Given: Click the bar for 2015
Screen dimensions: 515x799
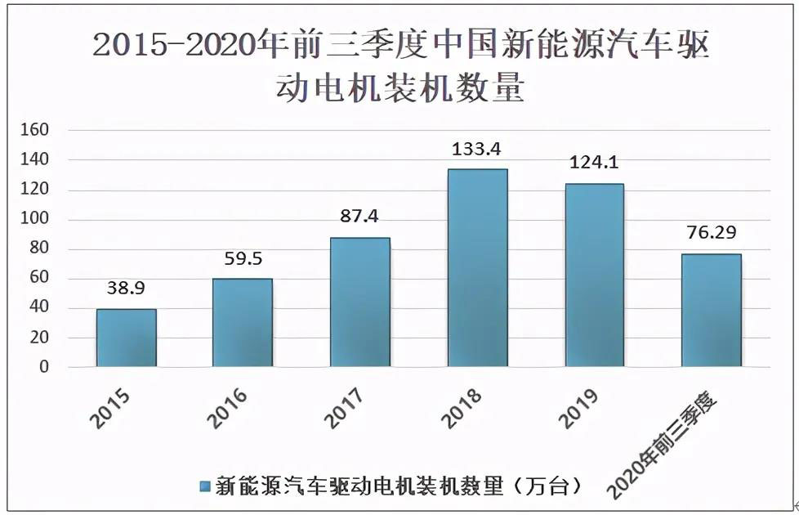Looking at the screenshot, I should (x=126, y=338).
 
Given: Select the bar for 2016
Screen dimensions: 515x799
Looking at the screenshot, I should (x=243, y=323).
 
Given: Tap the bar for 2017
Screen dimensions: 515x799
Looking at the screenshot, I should (x=360, y=302).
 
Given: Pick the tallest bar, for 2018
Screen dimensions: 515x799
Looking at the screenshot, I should (x=478, y=268).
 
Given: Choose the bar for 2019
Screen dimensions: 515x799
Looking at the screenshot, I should (x=594, y=275).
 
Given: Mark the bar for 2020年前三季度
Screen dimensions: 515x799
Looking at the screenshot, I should (x=712, y=311).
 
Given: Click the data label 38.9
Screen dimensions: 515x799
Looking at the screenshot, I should (x=126, y=289).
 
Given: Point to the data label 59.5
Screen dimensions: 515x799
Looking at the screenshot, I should (x=243, y=258).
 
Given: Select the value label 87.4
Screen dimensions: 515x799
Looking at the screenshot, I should (x=360, y=217).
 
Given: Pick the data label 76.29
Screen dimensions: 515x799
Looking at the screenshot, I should (x=712, y=233).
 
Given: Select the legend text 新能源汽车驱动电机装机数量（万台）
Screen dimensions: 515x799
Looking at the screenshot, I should (x=399, y=487).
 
